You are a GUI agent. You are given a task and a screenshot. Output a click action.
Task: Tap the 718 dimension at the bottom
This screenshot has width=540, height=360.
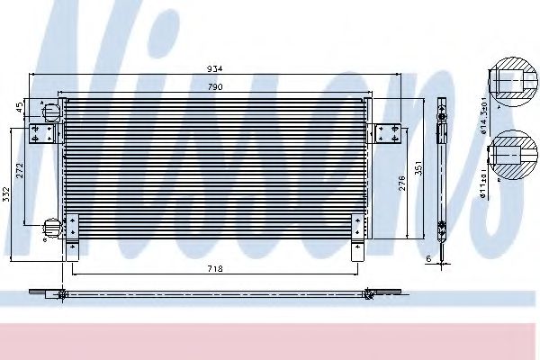(x=214, y=268)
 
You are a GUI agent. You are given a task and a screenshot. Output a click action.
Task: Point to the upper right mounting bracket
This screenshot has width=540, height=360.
(x=389, y=130)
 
